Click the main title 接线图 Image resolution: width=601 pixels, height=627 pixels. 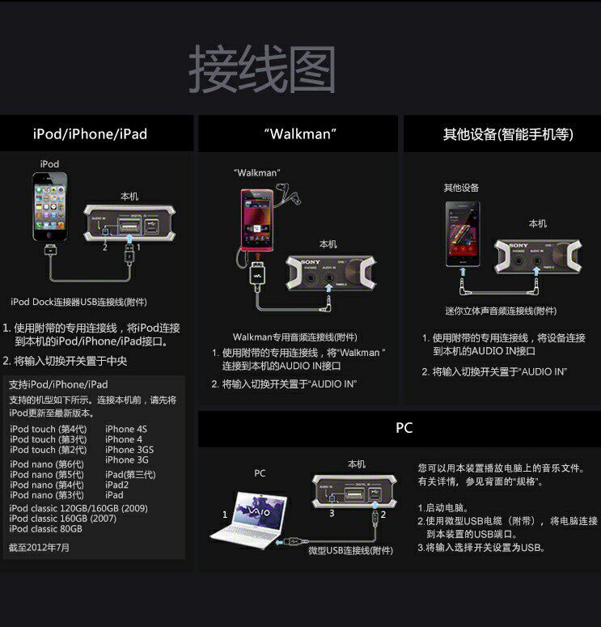[x=262, y=70]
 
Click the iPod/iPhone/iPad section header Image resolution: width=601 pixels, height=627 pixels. [x=90, y=134]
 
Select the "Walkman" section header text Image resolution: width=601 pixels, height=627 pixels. [x=299, y=133]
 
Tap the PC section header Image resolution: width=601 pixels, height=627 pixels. [x=404, y=428]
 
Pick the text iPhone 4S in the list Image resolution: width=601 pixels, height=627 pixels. [x=125, y=430]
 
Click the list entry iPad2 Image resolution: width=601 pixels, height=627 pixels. [x=116, y=485]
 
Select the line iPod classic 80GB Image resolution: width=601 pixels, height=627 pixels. [x=45, y=528]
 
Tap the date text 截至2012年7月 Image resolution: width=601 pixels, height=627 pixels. [x=39, y=548]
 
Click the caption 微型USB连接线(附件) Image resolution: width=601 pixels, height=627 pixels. [x=350, y=550]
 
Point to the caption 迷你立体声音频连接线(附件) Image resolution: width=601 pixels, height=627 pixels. [x=501, y=311]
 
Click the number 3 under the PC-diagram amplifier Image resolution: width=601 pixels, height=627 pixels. [x=332, y=513]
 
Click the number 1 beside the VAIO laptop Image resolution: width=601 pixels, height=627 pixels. [x=225, y=515]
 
